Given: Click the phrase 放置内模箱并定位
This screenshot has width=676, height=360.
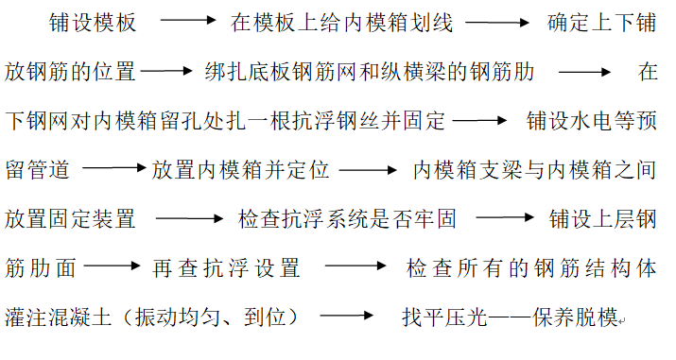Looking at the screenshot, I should tap(240, 171).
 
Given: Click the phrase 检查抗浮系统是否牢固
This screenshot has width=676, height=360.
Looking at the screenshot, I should tap(348, 220).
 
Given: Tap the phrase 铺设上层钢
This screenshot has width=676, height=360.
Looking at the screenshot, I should tap(602, 220).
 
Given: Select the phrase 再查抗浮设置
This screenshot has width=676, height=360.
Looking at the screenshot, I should tap(227, 269).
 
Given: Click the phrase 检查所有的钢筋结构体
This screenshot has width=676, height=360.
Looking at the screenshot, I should tap(531, 269).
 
